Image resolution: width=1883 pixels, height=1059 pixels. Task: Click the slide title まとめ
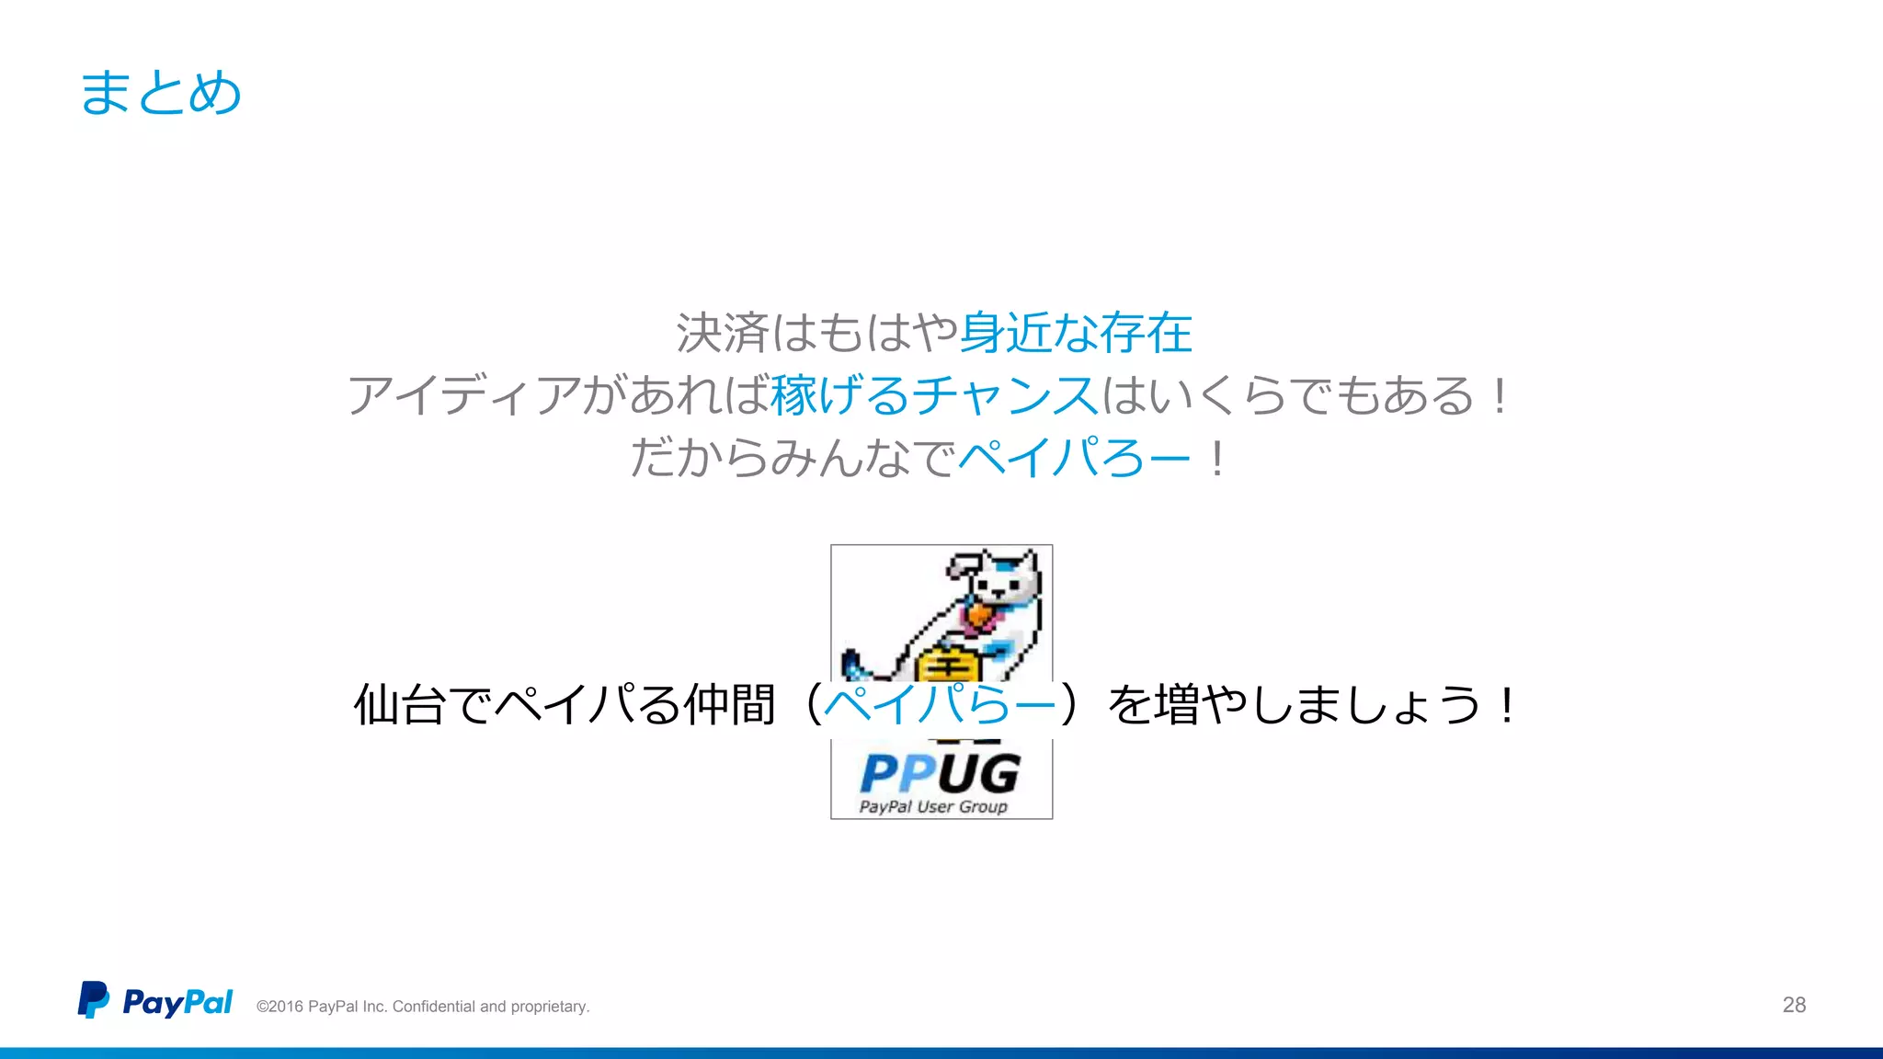(x=161, y=93)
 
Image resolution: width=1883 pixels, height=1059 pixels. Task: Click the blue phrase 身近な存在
(x=1075, y=333)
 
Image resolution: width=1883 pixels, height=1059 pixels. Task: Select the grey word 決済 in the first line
(x=723, y=333)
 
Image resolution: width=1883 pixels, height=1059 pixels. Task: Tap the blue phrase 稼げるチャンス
(x=934, y=396)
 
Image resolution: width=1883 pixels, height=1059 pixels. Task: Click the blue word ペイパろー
(x=1074, y=458)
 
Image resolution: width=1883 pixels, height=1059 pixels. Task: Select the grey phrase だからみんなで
(x=793, y=458)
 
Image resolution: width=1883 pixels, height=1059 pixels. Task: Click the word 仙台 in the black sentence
(x=400, y=706)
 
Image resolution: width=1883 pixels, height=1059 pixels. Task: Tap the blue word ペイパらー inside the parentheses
(x=939, y=706)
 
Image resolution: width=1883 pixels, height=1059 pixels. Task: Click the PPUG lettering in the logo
(x=940, y=773)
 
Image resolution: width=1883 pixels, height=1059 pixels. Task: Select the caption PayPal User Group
(x=933, y=807)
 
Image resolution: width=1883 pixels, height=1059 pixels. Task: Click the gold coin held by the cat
(x=947, y=664)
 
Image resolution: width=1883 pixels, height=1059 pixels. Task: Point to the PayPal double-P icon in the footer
(x=93, y=1000)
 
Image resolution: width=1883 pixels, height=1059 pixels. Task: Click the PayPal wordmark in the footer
(x=177, y=1002)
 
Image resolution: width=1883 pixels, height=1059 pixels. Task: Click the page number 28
(x=1794, y=1005)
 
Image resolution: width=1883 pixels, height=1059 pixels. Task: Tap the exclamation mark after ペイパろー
(x=1216, y=458)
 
